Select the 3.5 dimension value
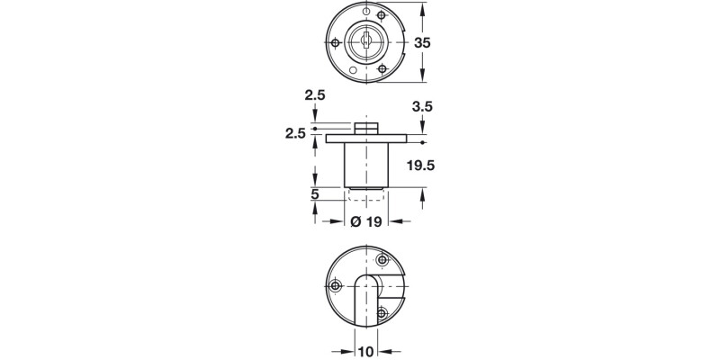(422, 106)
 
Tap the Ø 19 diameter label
(367, 220)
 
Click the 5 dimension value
(315, 193)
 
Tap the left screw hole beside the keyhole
(336, 42)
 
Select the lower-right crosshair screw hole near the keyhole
(384, 67)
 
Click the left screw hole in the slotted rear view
(337, 286)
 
